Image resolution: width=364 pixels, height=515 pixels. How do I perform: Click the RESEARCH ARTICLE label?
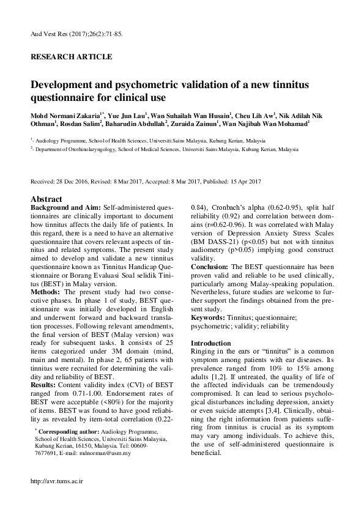click(x=71, y=57)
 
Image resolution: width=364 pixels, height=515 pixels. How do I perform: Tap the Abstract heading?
click(x=46, y=199)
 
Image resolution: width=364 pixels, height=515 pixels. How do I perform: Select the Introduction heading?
click(x=211, y=344)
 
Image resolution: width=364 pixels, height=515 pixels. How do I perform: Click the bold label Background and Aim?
click(x=65, y=209)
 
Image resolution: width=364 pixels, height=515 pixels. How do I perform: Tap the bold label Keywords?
click(x=208, y=317)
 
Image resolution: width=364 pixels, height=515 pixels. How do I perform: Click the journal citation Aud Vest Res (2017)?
click(x=58, y=34)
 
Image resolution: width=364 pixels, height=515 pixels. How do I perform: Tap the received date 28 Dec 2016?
click(x=73, y=182)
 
